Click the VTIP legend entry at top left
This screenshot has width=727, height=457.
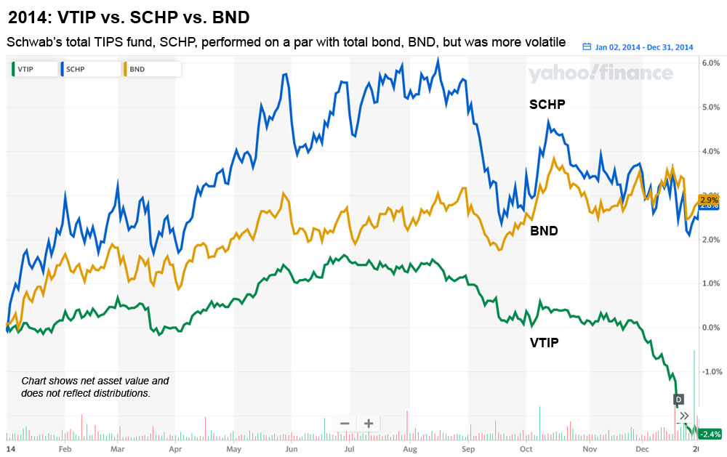[32, 69]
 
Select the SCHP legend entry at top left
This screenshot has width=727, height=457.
[89, 69]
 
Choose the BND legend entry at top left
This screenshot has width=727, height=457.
[149, 69]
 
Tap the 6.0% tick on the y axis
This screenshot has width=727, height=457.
[710, 63]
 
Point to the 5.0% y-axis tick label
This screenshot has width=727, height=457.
[710, 108]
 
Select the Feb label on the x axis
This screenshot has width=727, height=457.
[65, 449]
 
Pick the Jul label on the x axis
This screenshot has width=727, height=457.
[350, 449]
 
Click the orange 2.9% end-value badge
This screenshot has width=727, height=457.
[710, 199]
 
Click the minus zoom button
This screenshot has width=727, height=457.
[345, 424]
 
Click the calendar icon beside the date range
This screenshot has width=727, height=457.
[587, 47]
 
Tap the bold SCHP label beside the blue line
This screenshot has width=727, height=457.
[547, 105]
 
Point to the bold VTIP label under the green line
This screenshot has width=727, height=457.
[544, 342]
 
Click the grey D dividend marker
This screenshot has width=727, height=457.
[680, 399]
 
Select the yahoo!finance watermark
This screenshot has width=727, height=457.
[601, 73]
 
